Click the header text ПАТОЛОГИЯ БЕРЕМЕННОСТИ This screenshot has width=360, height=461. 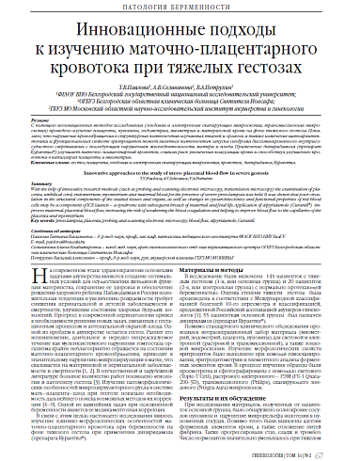tap(179, 8)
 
